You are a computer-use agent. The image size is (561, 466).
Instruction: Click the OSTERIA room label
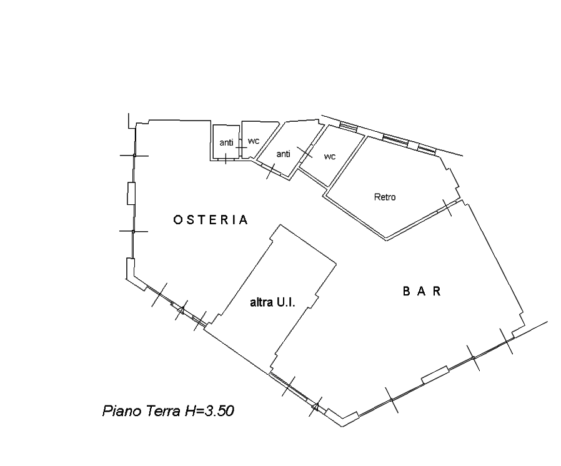[x=211, y=220]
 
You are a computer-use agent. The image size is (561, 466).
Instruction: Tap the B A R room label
[x=422, y=292]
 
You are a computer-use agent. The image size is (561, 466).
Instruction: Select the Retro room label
[x=385, y=197]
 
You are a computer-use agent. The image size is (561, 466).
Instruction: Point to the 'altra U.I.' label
[x=272, y=302]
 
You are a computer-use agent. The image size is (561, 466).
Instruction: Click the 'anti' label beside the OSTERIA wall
[x=226, y=142]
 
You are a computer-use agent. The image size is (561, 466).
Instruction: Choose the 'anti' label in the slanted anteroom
[x=284, y=154]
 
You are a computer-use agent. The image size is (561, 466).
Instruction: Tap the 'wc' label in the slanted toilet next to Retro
[x=329, y=157]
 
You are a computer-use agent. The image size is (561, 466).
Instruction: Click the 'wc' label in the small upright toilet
[x=253, y=141]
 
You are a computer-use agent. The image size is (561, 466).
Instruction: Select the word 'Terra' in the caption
[x=164, y=411]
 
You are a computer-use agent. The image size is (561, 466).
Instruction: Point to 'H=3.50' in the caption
[x=209, y=411]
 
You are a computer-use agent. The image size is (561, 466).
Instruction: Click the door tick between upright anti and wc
[x=241, y=147]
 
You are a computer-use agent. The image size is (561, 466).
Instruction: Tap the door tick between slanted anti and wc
[x=304, y=152]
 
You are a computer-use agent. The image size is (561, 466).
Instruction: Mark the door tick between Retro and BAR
[x=447, y=208]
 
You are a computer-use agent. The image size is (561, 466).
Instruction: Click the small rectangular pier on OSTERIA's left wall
[x=131, y=194]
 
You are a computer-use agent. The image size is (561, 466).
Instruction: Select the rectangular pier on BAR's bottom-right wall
[x=435, y=375]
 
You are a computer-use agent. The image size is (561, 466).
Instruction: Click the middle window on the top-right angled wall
[x=395, y=140]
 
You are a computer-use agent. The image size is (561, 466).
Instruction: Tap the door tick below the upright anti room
[x=226, y=159]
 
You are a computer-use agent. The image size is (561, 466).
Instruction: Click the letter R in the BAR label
[x=437, y=292]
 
